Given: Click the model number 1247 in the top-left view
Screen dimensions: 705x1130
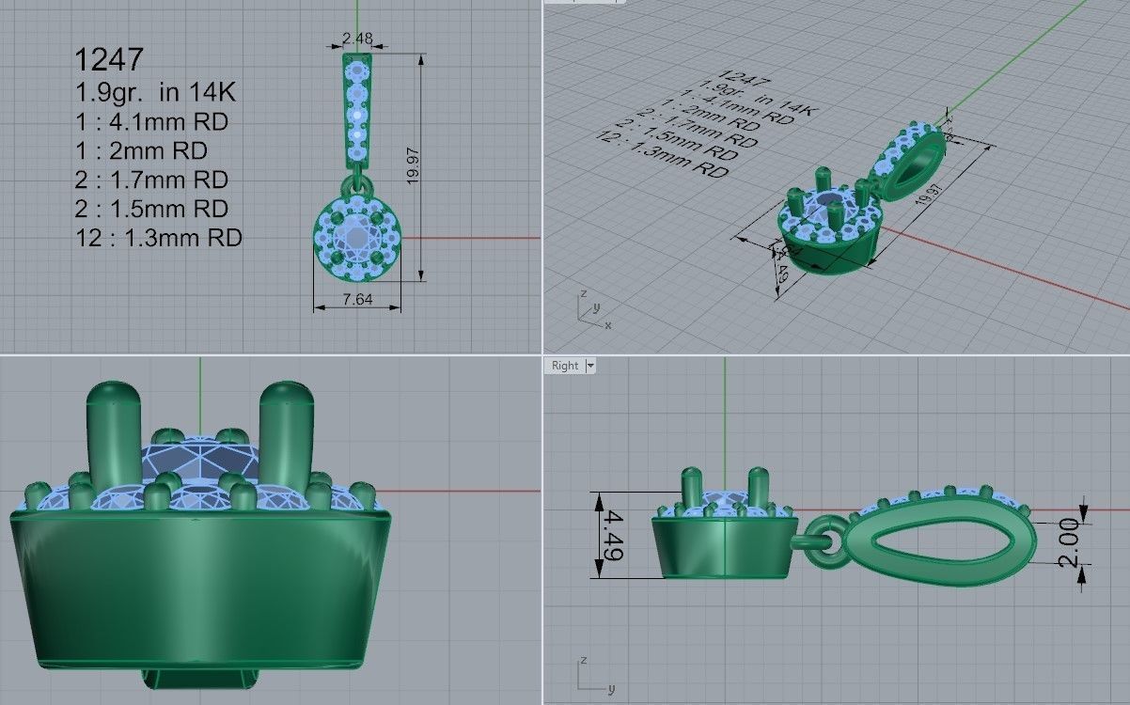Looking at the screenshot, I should pyautogui.click(x=109, y=60).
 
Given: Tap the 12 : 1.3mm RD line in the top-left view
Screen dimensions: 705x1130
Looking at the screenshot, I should pyautogui.click(x=158, y=238).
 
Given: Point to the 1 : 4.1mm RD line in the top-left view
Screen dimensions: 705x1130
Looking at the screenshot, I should pyautogui.click(x=151, y=122).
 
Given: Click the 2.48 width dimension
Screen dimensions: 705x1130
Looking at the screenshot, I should pyautogui.click(x=357, y=39).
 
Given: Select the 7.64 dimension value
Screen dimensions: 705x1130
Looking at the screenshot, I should pyautogui.click(x=357, y=299).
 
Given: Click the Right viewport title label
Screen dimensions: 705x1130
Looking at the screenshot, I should pyautogui.click(x=565, y=366).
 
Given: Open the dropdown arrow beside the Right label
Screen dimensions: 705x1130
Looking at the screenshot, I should pyautogui.click(x=590, y=366).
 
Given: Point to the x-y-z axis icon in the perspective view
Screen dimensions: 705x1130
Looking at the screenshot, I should pyautogui.click(x=590, y=311).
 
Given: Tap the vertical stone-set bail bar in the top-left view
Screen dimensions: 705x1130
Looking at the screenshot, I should pyautogui.click(x=357, y=108).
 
